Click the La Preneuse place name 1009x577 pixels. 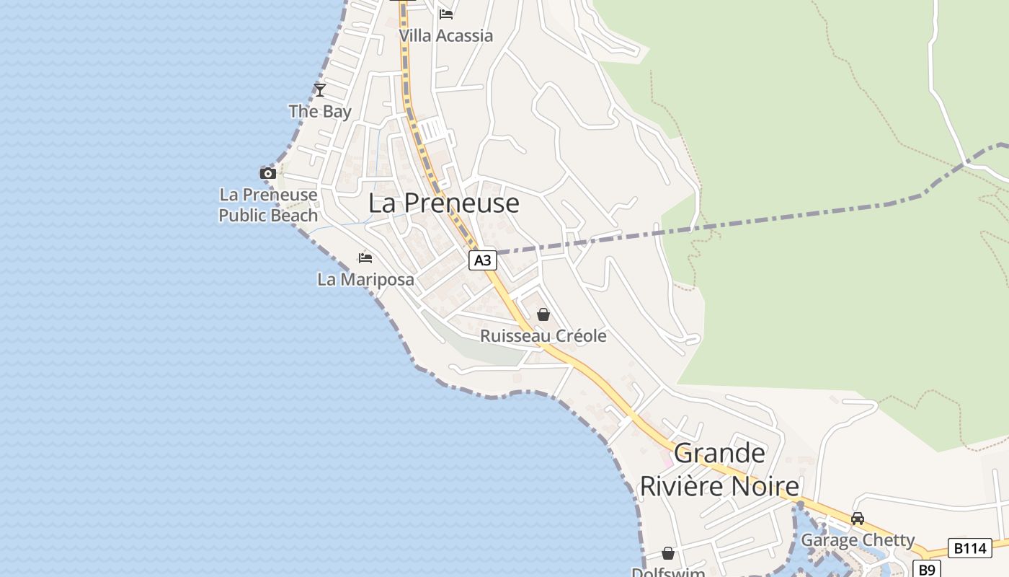click(x=443, y=203)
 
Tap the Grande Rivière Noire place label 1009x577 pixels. click(x=719, y=470)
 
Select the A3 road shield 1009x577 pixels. click(x=483, y=260)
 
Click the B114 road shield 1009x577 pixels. click(x=969, y=548)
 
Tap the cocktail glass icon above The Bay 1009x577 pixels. click(x=320, y=90)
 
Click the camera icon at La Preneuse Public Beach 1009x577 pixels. click(x=268, y=173)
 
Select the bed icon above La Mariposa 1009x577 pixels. click(x=365, y=258)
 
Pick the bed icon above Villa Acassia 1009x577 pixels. click(x=446, y=14)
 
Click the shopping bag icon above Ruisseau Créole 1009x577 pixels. click(x=543, y=314)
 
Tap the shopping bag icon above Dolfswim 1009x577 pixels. click(x=668, y=553)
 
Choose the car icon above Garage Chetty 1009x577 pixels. click(x=858, y=519)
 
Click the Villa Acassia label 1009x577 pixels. click(x=446, y=35)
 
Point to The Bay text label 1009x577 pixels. click(x=320, y=111)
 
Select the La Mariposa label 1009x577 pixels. click(x=365, y=279)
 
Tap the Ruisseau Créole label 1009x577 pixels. click(x=543, y=336)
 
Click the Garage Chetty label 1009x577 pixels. click(x=858, y=539)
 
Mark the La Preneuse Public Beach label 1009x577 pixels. click(x=268, y=205)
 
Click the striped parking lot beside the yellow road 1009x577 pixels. click(x=434, y=131)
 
